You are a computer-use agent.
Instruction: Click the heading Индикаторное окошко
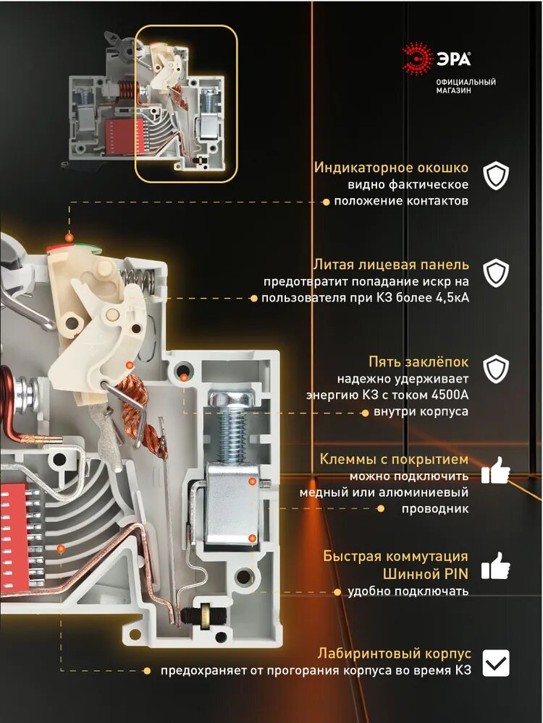pos(391,168)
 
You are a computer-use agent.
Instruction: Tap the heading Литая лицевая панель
pos(391,265)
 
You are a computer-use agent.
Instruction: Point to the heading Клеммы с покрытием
pos(395,460)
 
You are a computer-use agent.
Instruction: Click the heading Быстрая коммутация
pos(395,557)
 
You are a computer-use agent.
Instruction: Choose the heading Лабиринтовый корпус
pos(392,654)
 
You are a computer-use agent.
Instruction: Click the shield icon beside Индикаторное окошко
pos(496,176)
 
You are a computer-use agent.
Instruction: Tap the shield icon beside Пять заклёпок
pos(496,369)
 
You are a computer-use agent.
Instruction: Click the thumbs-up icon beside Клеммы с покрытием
pos(496,470)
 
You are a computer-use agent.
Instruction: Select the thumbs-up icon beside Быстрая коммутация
pos(496,565)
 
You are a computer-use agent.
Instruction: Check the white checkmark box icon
pos(496,662)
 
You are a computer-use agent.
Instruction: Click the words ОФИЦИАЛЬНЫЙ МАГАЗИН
pos(466,86)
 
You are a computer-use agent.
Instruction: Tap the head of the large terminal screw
pos(231,397)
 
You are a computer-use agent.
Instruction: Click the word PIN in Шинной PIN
pos(456,574)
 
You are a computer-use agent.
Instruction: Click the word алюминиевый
pos(432,492)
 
